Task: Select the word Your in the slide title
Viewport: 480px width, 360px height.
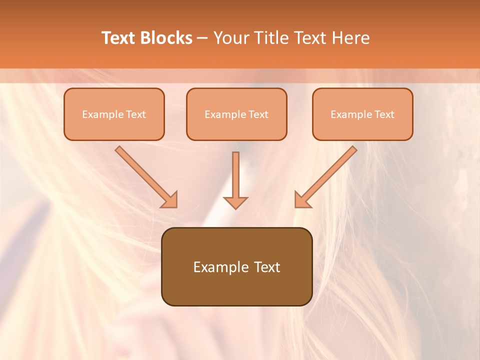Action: [x=230, y=38]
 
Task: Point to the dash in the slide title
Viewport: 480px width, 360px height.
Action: [x=202, y=38]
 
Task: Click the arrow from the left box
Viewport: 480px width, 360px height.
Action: [x=145, y=176]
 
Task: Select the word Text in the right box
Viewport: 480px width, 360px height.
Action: [x=384, y=114]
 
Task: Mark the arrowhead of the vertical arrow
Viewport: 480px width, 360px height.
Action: [x=235, y=202]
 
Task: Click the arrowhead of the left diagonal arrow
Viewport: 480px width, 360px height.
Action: [x=170, y=200]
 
